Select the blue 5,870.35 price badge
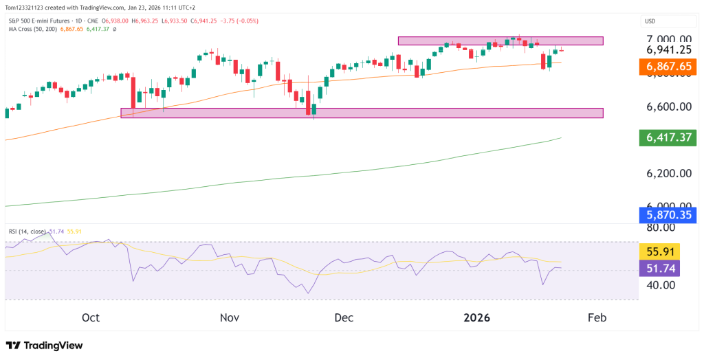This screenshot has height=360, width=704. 669,215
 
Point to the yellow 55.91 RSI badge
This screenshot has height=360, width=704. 659,251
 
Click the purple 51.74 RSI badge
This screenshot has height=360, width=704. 659,267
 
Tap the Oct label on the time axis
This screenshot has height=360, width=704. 91,317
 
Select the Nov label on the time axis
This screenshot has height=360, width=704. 230,317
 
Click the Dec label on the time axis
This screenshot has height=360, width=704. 344,317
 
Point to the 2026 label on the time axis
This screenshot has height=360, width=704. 476,317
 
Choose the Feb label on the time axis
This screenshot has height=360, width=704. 597,317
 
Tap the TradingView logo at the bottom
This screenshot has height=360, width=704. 44,345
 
